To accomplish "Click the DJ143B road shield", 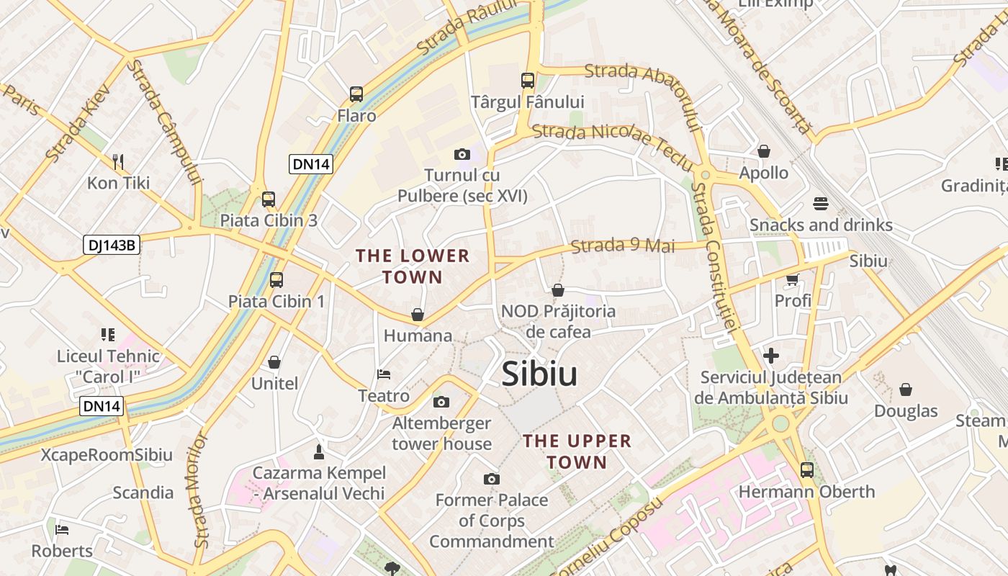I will click(111, 245).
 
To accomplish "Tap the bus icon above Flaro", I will click(356, 94).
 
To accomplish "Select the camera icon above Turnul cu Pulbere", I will click(462, 154).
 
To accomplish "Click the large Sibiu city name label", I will click(539, 374).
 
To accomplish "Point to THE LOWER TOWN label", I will click(413, 266).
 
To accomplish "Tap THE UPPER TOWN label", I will click(577, 451).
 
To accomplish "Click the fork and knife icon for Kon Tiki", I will click(118, 161).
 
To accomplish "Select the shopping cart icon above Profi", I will click(793, 279).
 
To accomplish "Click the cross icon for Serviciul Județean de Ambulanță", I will click(771, 356).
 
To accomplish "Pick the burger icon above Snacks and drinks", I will click(821, 204).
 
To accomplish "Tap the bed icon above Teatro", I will click(384, 374).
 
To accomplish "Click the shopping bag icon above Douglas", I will click(906, 390).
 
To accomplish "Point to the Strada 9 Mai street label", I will click(623, 246).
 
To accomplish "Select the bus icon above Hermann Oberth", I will click(807, 470).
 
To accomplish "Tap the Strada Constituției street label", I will click(714, 256).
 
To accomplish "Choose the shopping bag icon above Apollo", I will click(764, 151).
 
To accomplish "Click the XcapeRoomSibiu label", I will click(107, 455).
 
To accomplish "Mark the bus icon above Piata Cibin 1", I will click(276, 279).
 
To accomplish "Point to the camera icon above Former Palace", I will click(492, 479).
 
